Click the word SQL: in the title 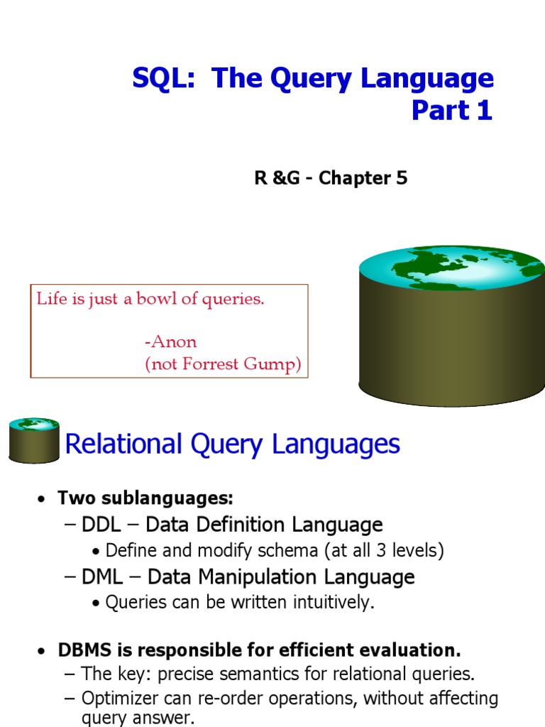(x=164, y=78)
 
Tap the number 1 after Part (x=484, y=110)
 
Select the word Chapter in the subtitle (x=355, y=178)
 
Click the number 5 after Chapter (x=402, y=177)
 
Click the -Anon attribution (x=170, y=341)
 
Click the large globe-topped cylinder (x=452, y=326)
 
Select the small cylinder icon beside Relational (x=34, y=440)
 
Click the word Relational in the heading (x=123, y=444)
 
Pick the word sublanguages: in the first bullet (x=167, y=498)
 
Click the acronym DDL (x=101, y=525)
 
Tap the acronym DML (x=102, y=577)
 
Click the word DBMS (x=85, y=650)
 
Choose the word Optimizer (x=122, y=699)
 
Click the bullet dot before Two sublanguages (x=42, y=499)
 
